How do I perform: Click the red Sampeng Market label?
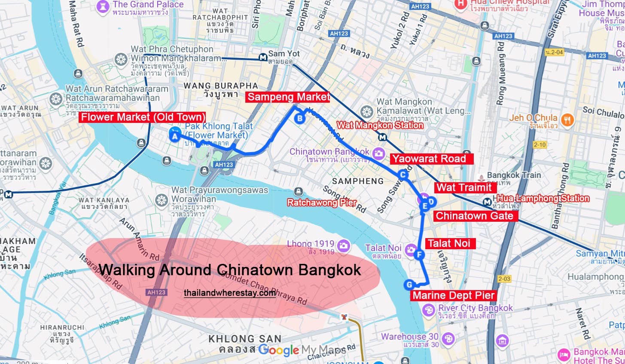tap(289, 97)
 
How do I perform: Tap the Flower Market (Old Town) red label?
tap(143, 117)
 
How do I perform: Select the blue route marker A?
tap(174, 137)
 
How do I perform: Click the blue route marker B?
tap(300, 119)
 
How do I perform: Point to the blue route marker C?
tap(403, 174)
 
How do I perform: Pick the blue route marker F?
tap(420, 255)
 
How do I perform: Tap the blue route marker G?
tap(409, 284)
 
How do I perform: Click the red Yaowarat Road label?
tap(431, 159)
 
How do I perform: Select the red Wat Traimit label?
tap(464, 187)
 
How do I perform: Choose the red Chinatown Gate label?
tap(475, 216)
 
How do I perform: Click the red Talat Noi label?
tap(449, 243)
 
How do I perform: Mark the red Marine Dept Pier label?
tap(453, 296)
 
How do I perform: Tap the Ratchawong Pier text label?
tap(322, 202)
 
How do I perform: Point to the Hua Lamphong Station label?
tap(543, 198)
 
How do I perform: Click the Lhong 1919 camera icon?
tap(343, 246)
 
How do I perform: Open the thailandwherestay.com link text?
tap(230, 293)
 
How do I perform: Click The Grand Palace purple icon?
tap(103, 6)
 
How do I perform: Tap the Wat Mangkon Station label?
tap(380, 125)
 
